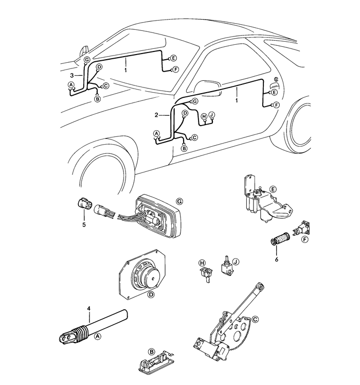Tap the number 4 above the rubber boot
(x=89, y=308)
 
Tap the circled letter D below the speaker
(x=151, y=295)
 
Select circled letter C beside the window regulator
(x=255, y=319)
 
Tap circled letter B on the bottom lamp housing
(x=152, y=352)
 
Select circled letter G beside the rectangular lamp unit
(x=179, y=201)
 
